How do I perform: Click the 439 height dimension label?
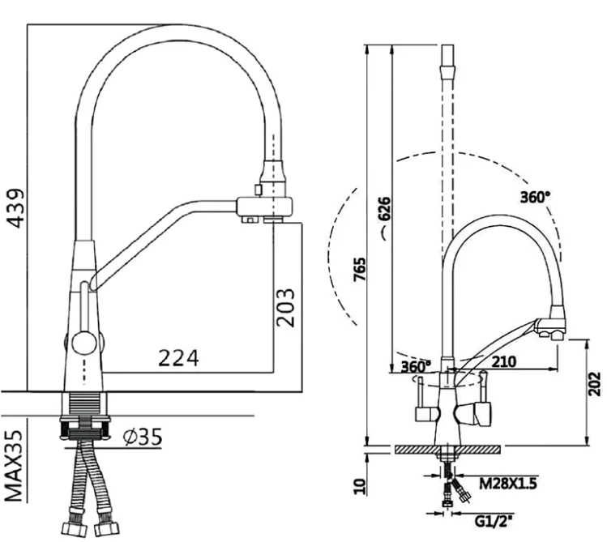click(16, 208)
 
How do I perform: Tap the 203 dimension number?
click(286, 308)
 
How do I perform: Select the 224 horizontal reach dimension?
click(178, 358)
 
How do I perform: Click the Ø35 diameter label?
click(142, 437)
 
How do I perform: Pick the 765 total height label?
click(360, 269)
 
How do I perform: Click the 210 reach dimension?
click(503, 361)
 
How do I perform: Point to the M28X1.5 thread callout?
click(508, 483)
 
